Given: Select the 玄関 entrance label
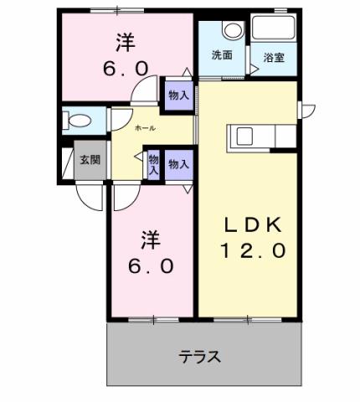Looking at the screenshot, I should click(90, 159).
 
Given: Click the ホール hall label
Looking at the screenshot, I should click(144, 128).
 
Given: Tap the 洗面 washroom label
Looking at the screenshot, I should click(221, 55).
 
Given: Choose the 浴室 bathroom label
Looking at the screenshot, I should click(273, 59).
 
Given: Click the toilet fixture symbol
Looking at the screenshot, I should click(79, 119).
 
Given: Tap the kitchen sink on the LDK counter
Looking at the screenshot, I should click(245, 137).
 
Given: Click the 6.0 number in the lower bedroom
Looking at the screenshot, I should click(152, 266).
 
